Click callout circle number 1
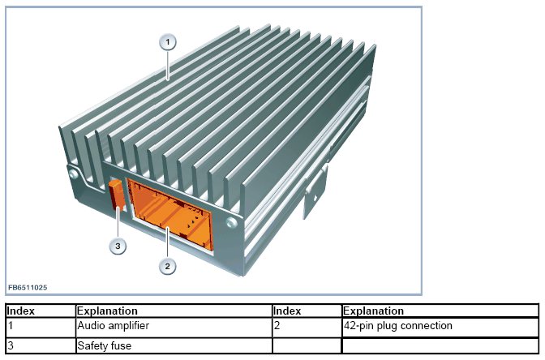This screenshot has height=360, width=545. click(168, 42)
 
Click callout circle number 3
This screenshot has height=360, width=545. click(118, 246)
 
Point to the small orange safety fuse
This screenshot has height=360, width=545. click(115, 195)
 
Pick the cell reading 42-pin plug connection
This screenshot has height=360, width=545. click(397, 326)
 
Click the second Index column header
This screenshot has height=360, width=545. click(287, 311)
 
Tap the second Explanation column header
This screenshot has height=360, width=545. click(373, 311)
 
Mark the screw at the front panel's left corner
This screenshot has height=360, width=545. click(74, 173)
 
